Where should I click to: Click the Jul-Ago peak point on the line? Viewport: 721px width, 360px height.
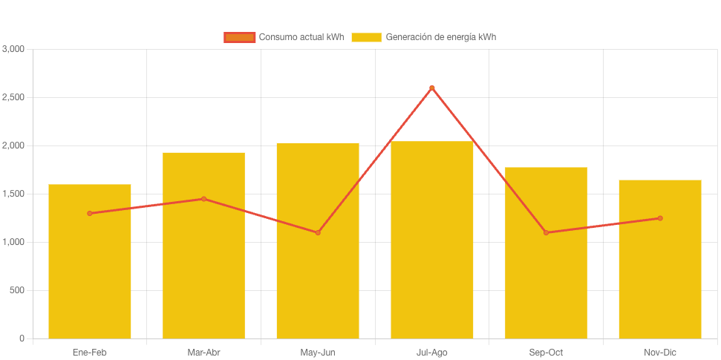pyautogui.click(x=431, y=88)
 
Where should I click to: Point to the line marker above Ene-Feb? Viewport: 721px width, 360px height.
pyautogui.click(x=90, y=213)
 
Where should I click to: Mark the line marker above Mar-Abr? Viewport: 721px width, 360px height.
pyautogui.click(x=203, y=199)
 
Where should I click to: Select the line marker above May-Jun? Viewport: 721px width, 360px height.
pyautogui.click(x=318, y=232)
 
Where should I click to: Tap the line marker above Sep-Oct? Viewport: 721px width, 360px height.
pyautogui.click(x=546, y=232)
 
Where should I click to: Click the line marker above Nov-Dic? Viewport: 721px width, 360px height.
pyautogui.click(x=660, y=218)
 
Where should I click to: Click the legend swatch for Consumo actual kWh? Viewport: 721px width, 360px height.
pyautogui.click(x=239, y=37)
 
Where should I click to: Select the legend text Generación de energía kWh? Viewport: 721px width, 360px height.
pyautogui.click(x=441, y=37)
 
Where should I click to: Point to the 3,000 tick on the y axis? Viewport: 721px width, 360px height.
pyautogui.click(x=13, y=49)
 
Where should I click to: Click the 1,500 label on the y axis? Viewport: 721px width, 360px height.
pyautogui.click(x=13, y=194)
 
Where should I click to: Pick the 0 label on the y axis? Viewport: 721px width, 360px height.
pyautogui.click(x=22, y=338)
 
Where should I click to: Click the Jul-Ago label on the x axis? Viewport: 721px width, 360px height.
pyautogui.click(x=431, y=353)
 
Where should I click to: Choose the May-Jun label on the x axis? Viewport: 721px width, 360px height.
pyautogui.click(x=318, y=353)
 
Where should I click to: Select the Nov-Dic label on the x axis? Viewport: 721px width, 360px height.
pyautogui.click(x=660, y=353)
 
